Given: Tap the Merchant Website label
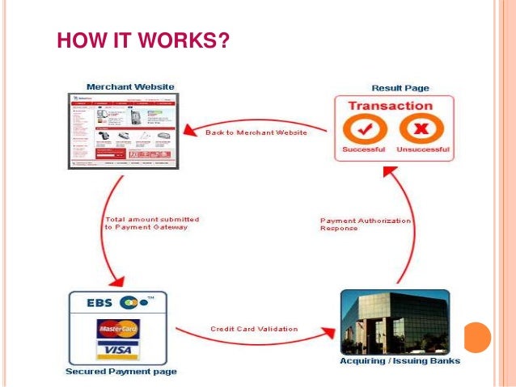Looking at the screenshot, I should coord(129,86).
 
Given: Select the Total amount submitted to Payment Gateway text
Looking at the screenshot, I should coord(152,223).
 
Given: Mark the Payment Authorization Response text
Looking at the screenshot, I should coord(366,224).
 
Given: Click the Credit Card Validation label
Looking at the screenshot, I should coord(254,329).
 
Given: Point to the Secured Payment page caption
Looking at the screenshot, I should coord(121,372).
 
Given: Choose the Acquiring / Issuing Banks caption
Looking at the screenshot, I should coord(399,361).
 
